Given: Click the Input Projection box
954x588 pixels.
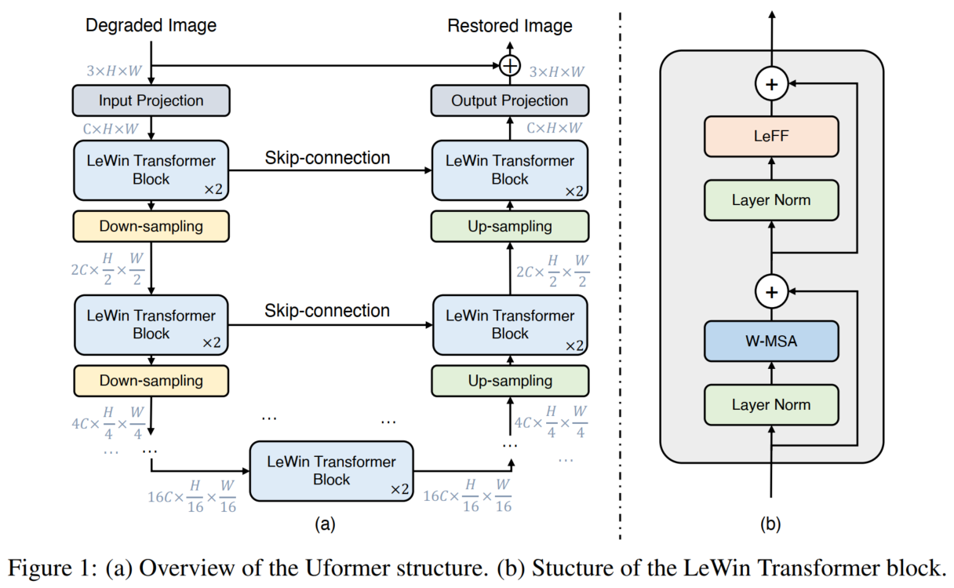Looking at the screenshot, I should pyautogui.click(x=151, y=100).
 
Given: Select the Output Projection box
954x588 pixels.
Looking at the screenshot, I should pyautogui.click(x=510, y=100).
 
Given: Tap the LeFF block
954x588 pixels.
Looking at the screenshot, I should pyautogui.click(x=771, y=137).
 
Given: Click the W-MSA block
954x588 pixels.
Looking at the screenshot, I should pyautogui.click(x=771, y=341).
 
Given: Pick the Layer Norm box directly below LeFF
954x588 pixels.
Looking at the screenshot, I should pyautogui.click(x=771, y=200).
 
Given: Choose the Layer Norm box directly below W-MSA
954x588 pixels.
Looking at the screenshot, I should pyautogui.click(x=771, y=405).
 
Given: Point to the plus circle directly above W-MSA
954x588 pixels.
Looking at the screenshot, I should pyautogui.click(x=772, y=292).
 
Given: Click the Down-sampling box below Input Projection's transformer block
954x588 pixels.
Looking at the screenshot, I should pyautogui.click(x=151, y=226).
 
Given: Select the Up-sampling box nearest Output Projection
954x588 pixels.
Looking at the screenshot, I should pyautogui.click(x=510, y=227).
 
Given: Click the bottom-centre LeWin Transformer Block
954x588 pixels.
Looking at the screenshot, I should pyautogui.click(x=331, y=470).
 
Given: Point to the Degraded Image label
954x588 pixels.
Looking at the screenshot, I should pyautogui.click(x=151, y=26).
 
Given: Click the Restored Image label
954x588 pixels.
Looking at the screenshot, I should pyautogui.click(x=510, y=26).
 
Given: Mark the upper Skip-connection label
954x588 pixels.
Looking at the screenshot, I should pyautogui.click(x=327, y=158).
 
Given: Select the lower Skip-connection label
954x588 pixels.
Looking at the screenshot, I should pyautogui.click(x=327, y=310).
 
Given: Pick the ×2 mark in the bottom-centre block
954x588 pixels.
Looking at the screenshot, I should pyautogui.click(x=400, y=489).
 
